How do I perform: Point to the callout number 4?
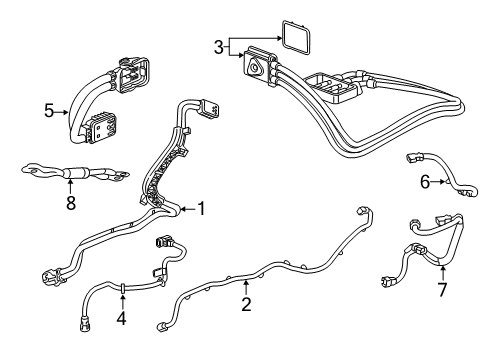(x=122, y=318)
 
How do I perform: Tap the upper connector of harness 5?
(x=134, y=72)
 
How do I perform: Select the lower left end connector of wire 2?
(x=163, y=325)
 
